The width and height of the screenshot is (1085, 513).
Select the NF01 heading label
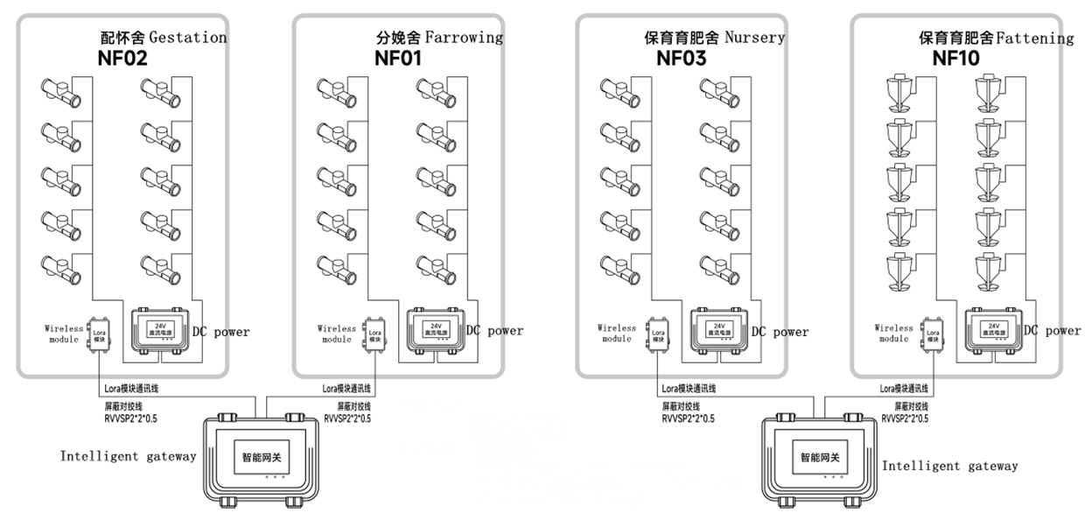pyautogui.click(x=398, y=60)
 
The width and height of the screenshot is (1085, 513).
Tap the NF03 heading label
pyautogui.click(x=681, y=60)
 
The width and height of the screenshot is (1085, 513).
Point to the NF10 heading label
pyautogui.click(x=955, y=60)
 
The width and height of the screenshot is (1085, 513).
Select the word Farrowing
pyautogui.click(x=464, y=38)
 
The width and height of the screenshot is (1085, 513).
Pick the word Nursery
pyautogui.click(x=754, y=38)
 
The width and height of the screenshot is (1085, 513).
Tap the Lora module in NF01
pyautogui.click(x=375, y=334)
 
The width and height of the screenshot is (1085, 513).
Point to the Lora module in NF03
pyautogui.click(x=658, y=334)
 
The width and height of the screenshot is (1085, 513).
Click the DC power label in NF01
pyautogui.click(x=494, y=331)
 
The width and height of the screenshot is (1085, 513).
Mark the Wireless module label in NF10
pyautogui.click(x=893, y=334)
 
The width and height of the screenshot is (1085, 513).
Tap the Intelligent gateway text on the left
pyautogui.click(x=128, y=457)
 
